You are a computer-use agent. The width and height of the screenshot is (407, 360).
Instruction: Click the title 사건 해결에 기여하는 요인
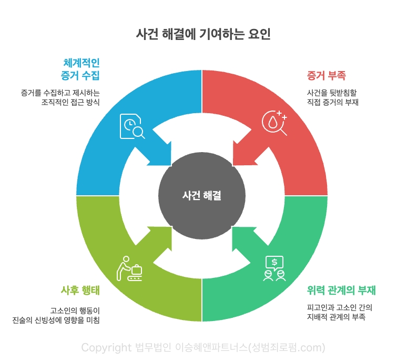tap(203, 34)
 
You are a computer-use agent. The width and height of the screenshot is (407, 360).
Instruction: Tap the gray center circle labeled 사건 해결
tap(202, 196)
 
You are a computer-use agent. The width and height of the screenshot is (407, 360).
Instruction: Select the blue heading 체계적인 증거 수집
tap(80, 68)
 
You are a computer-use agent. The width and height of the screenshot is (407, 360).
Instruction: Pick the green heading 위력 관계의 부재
tap(341, 291)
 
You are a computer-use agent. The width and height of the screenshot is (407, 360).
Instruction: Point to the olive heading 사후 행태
tap(80, 291)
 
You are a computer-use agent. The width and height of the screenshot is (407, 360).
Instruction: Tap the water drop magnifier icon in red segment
tap(274, 123)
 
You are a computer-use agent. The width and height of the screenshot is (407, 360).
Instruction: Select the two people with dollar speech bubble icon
tap(274, 268)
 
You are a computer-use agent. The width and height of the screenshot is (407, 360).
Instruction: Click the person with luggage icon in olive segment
tap(129, 268)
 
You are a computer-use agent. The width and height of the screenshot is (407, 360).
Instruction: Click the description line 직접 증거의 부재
tap(332, 103)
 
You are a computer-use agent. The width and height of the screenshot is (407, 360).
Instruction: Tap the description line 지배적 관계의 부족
tap(336, 317)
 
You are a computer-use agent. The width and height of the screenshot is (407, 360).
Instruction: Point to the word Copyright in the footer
tap(106, 347)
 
